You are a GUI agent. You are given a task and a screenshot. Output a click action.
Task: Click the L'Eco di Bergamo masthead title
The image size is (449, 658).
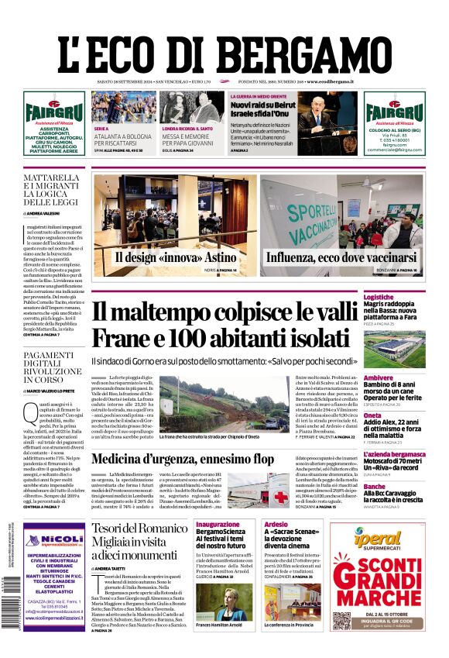pyautogui.click(x=224, y=53)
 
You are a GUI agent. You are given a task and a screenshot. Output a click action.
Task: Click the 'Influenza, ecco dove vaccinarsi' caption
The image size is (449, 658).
pyautogui.click(x=341, y=258)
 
